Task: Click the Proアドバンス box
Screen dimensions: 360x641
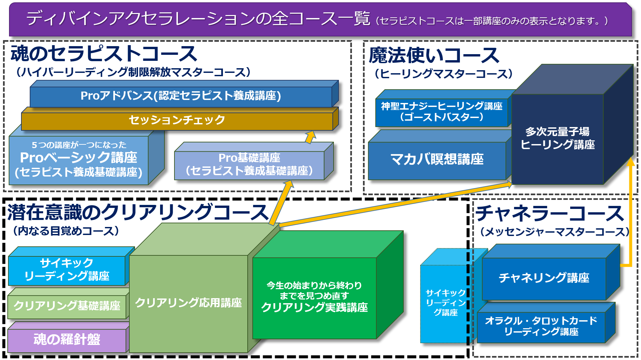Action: click(180, 96)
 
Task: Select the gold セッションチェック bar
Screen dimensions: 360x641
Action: click(177, 120)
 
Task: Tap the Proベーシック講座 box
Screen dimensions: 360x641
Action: click(79, 160)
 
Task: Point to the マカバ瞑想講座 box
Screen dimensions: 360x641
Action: click(437, 159)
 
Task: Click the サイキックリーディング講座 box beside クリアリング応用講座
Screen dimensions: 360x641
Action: click(67, 270)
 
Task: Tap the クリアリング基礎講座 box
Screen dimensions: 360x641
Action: click(67, 306)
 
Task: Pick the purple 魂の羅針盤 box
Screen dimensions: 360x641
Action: click(67, 340)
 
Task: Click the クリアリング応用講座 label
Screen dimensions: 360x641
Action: click(188, 303)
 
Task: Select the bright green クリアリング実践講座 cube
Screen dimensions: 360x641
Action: click(314, 297)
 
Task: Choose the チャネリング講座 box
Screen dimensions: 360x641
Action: click(544, 278)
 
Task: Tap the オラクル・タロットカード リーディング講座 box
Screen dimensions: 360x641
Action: click(541, 326)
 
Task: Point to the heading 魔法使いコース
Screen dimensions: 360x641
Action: click(434, 55)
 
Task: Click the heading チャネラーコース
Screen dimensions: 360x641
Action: click(550, 213)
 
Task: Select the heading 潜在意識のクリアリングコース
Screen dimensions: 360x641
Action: click(138, 213)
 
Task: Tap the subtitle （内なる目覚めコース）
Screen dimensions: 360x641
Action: click(66, 231)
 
